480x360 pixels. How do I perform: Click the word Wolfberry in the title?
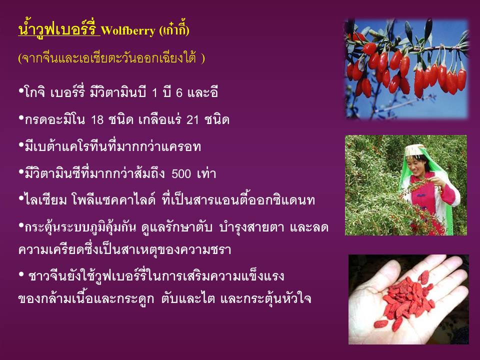(x=128, y=30)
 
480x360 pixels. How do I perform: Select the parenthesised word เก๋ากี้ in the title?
(x=174, y=30)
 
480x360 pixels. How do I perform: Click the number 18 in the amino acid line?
(x=97, y=119)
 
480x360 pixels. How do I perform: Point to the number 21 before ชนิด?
(x=193, y=119)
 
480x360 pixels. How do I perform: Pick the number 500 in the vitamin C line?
(x=181, y=173)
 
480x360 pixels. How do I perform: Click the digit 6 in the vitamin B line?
(x=179, y=92)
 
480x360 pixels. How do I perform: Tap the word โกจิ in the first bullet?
(x=34, y=92)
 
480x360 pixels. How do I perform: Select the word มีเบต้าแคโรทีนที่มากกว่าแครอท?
(x=112, y=146)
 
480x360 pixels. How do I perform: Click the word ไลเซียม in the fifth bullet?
(x=45, y=200)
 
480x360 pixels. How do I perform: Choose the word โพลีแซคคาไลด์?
(x=114, y=199)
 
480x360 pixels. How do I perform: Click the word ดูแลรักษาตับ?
(x=176, y=227)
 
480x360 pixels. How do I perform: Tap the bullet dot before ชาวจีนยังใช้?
(x=21, y=274)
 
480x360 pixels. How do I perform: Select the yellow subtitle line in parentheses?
(x=111, y=58)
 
